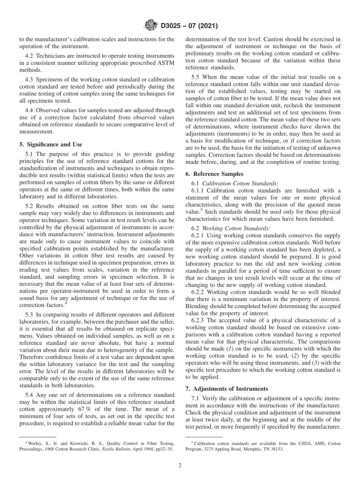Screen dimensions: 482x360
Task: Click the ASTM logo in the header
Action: pos(151,26)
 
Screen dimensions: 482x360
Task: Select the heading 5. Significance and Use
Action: pos(50,144)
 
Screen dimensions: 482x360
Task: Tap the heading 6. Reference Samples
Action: pos(214,174)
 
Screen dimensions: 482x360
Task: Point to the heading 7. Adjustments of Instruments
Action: pos(226,389)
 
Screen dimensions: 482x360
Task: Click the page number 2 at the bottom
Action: pos(180,466)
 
